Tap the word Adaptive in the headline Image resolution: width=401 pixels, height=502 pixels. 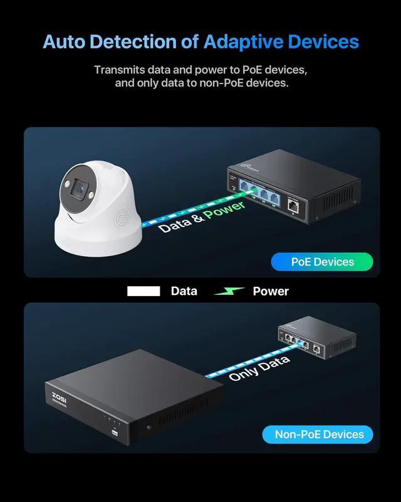(243, 42)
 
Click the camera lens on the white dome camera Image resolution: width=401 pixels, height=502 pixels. (80, 186)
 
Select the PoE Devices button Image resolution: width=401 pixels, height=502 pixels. (322, 262)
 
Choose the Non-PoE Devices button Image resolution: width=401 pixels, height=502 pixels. (319, 434)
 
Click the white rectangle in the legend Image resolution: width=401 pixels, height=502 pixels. (144, 291)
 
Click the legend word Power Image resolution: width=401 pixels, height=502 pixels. (271, 291)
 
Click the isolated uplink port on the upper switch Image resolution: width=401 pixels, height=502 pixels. (293, 204)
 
